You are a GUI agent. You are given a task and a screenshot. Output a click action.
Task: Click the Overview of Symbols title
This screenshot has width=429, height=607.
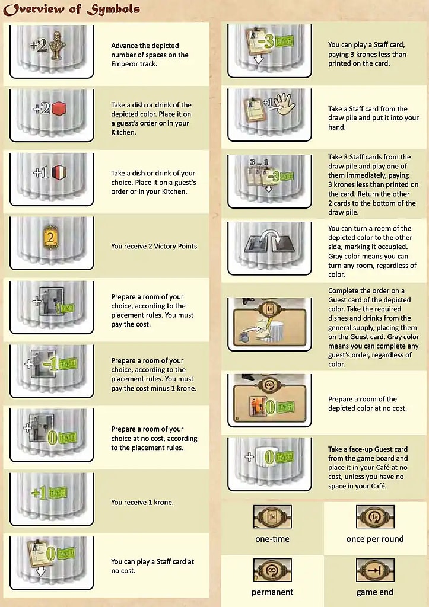(71, 9)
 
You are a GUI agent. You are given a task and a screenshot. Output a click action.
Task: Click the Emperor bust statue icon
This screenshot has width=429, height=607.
(58, 45)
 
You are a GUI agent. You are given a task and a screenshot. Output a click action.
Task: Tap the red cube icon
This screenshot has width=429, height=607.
(59, 109)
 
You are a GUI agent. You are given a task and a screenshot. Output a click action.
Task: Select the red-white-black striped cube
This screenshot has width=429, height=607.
(59, 172)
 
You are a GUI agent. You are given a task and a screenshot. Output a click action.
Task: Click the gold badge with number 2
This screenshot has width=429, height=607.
(50, 237)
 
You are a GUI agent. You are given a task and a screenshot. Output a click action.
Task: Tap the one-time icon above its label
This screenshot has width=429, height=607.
(272, 517)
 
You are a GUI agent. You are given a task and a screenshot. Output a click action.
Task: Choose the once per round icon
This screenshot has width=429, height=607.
(375, 517)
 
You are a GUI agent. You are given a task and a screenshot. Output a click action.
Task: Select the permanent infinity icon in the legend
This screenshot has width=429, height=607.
(272, 570)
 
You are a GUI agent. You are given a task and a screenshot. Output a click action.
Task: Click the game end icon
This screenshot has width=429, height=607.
(375, 570)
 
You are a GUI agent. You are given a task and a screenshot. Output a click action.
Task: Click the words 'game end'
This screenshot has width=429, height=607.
(375, 592)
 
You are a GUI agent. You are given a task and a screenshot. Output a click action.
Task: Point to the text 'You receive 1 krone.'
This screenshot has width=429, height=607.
(142, 502)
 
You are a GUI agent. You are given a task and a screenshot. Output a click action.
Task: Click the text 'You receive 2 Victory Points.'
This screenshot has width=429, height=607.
(155, 246)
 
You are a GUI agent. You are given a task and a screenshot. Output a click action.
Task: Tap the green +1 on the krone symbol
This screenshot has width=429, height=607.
(39, 493)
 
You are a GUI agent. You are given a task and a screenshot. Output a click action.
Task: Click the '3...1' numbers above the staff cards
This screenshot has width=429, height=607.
(259, 162)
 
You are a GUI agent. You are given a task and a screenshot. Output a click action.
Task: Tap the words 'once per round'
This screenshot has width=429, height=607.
(375, 539)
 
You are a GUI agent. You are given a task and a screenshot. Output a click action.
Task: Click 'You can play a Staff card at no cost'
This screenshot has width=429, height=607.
(152, 566)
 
